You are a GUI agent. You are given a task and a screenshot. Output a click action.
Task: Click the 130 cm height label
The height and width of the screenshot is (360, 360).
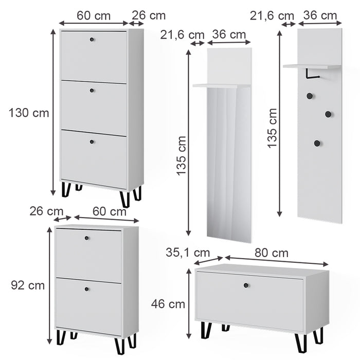click(29, 113)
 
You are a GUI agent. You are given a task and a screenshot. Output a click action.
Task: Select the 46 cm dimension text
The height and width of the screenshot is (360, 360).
click(168, 304)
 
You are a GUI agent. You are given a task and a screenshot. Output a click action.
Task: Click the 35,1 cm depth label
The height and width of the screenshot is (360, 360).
click(188, 253)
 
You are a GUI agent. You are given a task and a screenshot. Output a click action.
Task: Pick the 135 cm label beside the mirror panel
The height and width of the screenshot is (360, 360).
click(182, 156)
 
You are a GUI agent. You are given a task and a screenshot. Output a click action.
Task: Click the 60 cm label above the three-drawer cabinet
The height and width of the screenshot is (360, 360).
click(94, 15)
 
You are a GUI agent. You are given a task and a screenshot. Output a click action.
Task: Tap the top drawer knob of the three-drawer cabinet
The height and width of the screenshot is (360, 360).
click(93, 39)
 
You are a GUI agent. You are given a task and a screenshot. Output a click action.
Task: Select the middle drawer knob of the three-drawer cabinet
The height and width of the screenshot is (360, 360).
click(93, 91)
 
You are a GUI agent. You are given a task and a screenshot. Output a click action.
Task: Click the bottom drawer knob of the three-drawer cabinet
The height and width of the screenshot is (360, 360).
click(93, 141)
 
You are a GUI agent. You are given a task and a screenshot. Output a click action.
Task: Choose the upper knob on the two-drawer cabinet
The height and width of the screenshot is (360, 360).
click(87, 238)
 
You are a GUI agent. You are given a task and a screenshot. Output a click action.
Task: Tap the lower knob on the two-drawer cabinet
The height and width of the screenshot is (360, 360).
click(87, 289)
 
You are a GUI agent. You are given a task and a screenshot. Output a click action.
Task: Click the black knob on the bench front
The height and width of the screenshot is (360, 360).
click(246, 285)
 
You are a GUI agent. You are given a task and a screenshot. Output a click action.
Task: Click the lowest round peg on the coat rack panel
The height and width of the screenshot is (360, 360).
click(317, 143)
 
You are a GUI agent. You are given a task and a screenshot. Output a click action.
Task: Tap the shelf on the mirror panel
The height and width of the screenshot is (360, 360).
click(218, 85)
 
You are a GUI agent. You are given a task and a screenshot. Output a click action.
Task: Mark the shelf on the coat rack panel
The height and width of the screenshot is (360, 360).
click(312, 66)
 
